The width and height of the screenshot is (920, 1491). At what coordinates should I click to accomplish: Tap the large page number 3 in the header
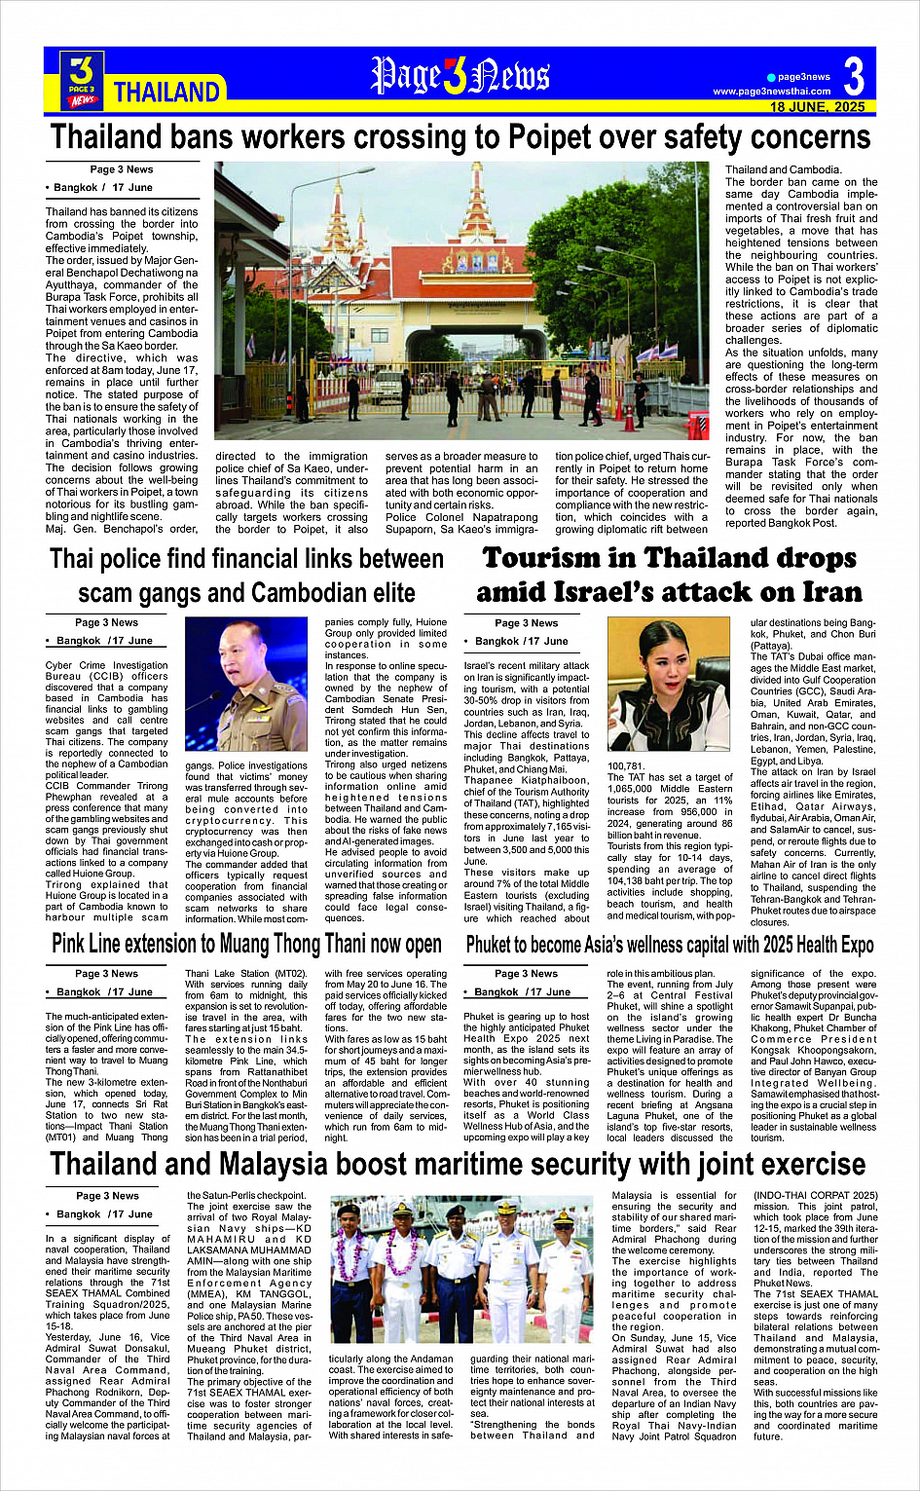[853, 76]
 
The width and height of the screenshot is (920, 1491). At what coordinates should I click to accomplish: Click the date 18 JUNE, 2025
[817, 107]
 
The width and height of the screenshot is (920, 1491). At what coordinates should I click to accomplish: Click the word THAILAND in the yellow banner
[166, 93]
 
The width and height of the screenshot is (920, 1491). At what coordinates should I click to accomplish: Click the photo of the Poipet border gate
[467, 302]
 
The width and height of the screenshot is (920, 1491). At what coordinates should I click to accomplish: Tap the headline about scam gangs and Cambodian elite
[246, 576]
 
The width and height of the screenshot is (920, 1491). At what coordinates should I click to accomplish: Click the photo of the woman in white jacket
[668, 684]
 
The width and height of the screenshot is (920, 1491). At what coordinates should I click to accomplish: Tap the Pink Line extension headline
[246, 944]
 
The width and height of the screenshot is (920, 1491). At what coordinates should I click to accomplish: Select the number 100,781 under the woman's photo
[626, 766]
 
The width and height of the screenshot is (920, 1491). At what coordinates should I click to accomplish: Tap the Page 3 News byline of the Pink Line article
[107, 973]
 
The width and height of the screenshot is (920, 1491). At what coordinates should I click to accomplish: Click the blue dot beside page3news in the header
[771, 77]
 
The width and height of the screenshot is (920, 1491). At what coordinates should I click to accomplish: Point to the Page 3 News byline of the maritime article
[107, 1196]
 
